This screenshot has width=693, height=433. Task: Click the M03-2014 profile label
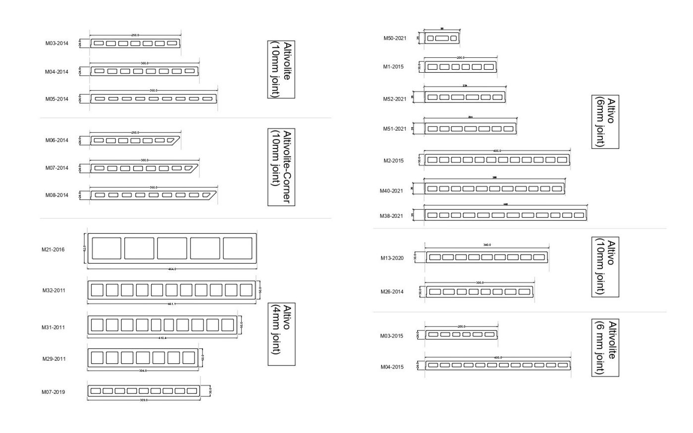(56, 44)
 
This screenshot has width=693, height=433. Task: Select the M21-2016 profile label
(53, 249)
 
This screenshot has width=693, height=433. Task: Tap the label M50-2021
(395, 38)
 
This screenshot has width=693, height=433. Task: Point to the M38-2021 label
(391, 216)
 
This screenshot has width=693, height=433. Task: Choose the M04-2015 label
(392, 367)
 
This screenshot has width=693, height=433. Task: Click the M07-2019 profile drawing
(144, 391)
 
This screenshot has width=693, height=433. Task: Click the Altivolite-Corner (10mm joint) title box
(282, 167)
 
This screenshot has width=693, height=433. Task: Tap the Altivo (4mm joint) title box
(282, 334)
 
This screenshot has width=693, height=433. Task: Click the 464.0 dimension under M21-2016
(172, 269)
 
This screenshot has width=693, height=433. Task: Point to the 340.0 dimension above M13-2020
(487, 245)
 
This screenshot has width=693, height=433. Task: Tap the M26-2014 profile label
(392, 291)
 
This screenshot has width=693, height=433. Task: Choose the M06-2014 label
(56, 140)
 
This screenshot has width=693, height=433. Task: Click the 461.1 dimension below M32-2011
(171, 304)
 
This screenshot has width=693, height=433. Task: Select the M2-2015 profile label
(394, 160)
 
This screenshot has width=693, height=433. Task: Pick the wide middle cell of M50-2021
(442, 38)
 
